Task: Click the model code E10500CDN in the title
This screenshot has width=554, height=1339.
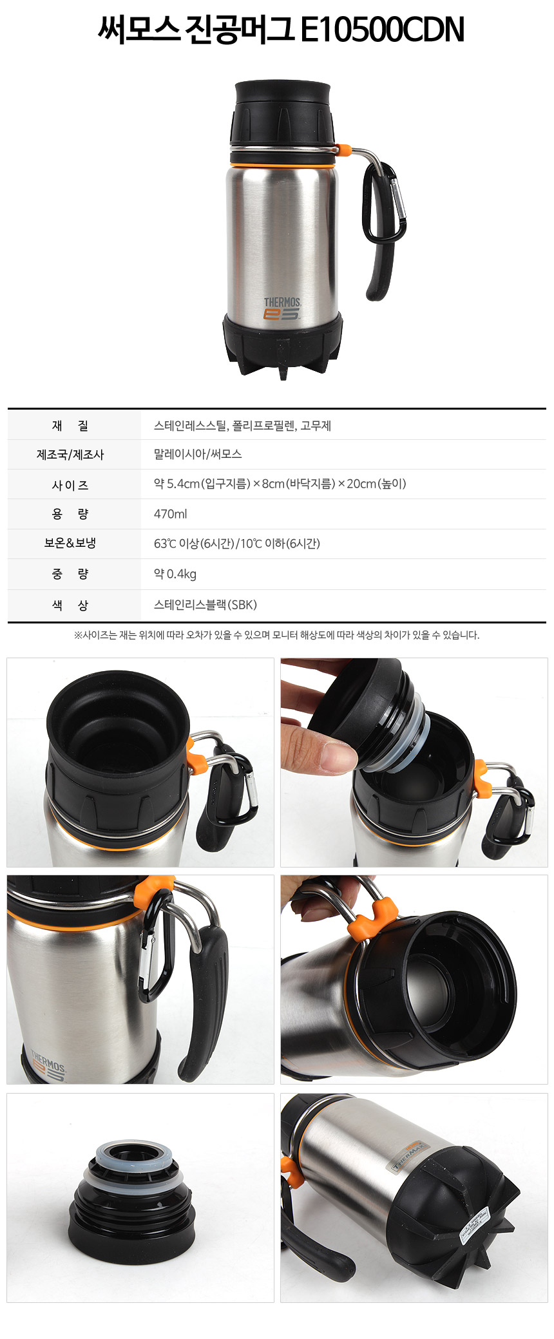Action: pos(383,30)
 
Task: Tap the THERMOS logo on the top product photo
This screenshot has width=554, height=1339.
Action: pos(282,309)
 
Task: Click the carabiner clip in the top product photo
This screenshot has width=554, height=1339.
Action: pos(385,204)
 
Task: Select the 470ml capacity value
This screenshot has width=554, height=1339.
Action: pos(171,514)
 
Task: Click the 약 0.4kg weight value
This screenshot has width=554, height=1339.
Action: pos(175,574)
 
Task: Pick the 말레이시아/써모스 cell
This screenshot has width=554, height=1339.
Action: pos(198,454)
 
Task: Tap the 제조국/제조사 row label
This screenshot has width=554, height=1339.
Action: pos(70,455)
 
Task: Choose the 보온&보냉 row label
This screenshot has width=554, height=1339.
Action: pos(70,543)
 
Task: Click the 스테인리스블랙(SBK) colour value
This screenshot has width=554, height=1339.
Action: pos(205,605)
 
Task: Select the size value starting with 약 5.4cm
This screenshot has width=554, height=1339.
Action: pos(280,484)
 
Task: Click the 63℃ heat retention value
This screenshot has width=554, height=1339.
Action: pos(237,544)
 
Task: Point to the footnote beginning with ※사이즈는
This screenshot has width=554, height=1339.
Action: pos(277,635)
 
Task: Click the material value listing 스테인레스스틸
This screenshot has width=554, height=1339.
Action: pos(242,426)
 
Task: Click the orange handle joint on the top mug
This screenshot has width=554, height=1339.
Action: pos(343,151)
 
